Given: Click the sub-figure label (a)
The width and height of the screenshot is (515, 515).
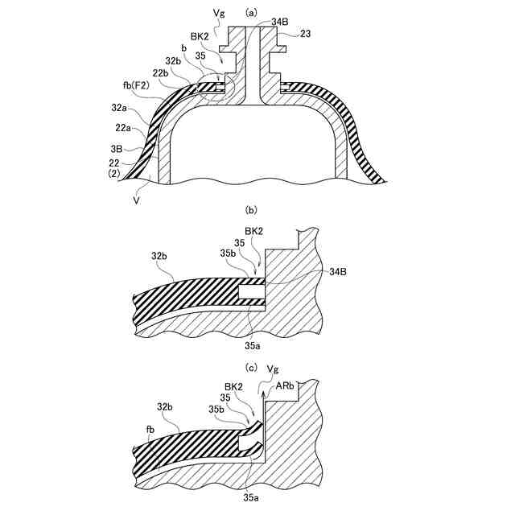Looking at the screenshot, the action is coord(251,11).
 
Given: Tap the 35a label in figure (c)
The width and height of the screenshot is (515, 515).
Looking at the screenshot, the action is coord(252,497).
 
